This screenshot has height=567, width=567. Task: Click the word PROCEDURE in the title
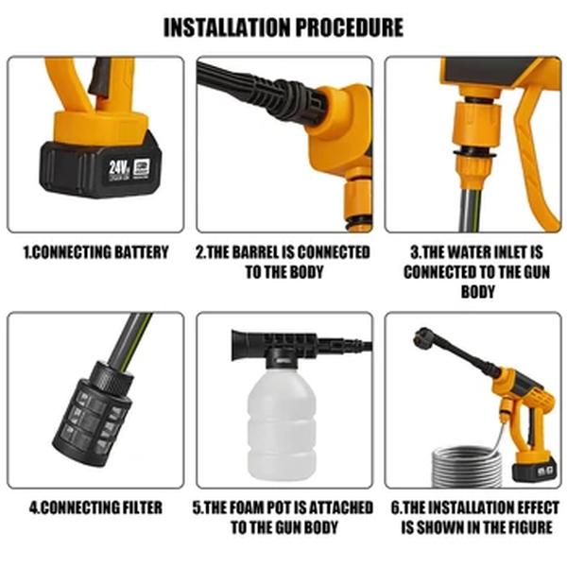(350, 26)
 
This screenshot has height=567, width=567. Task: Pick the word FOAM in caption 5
(254, 507)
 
